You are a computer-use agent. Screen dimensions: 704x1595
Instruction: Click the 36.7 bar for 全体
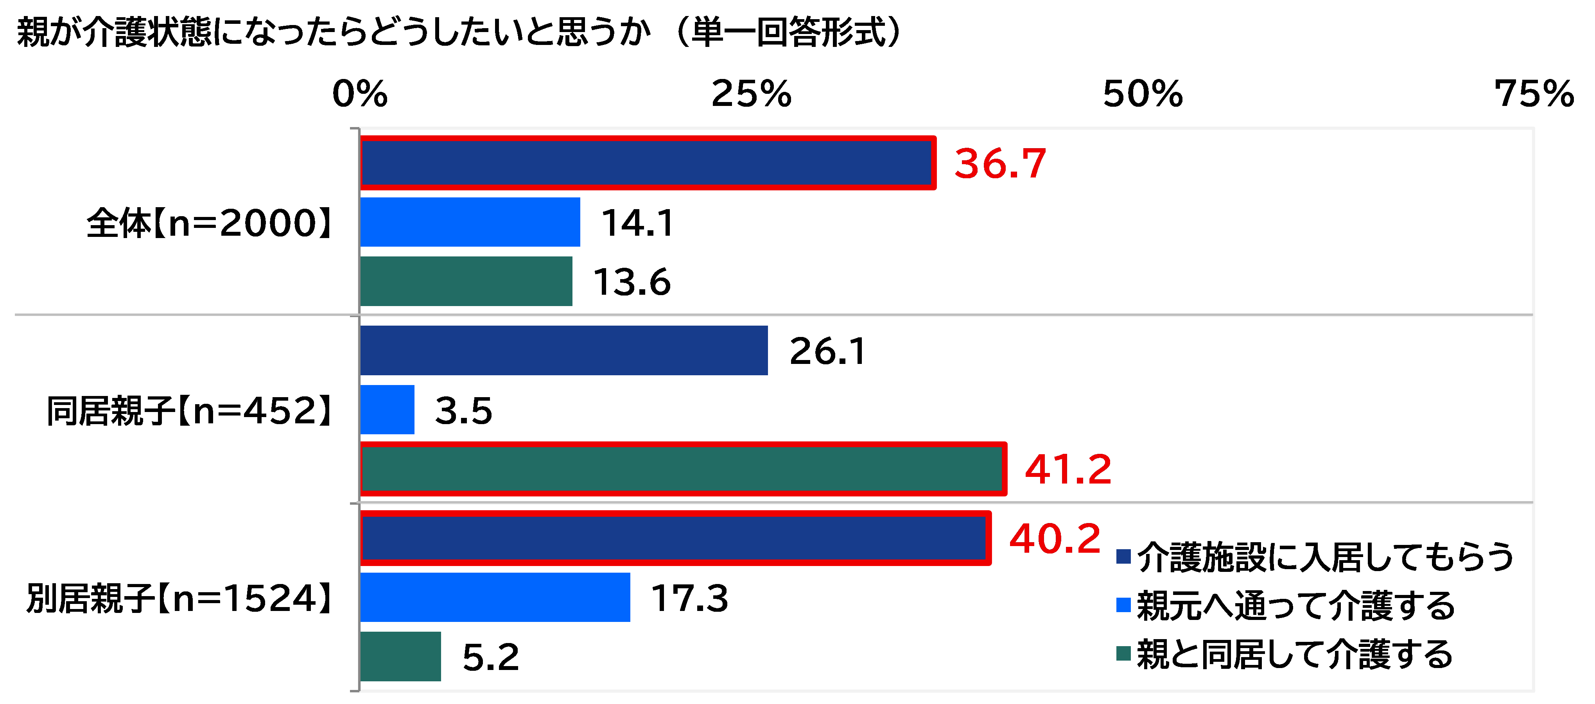coord(647,163)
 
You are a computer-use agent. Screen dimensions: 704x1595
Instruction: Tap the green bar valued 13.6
coord(466,281)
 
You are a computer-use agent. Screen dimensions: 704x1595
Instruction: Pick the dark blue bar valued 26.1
coord(563,351)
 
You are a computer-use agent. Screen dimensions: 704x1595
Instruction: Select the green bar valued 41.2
coord(682,469)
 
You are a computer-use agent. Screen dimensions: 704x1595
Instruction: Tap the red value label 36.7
coord(1000,164)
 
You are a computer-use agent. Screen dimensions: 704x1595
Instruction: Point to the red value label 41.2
coord(1068,469)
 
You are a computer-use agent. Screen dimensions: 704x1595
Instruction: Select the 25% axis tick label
coord(751,94)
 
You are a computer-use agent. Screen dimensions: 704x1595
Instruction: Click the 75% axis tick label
coord(1534,94)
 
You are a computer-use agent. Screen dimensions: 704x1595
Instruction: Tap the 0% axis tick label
coord(360,94)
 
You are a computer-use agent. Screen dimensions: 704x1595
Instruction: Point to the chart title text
coord(458,32)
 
